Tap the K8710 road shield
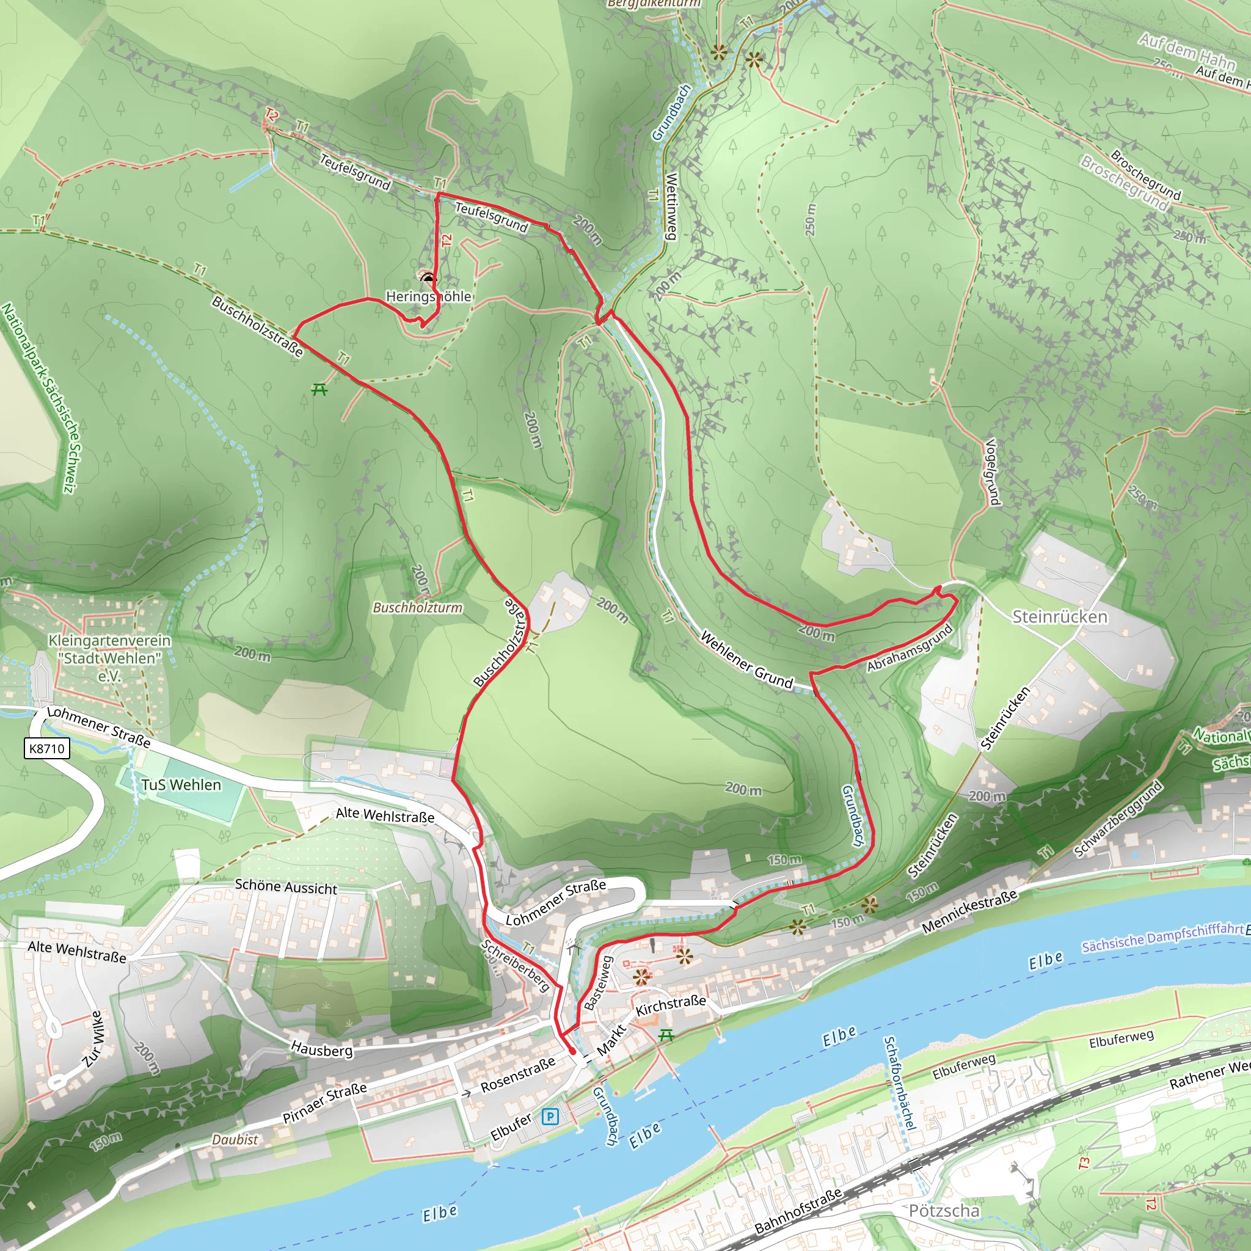[x=47, y=748]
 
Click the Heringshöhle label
[x=428, y=296]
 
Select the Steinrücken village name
[x=1059, y=616]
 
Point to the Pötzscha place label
[x=944, y=1210]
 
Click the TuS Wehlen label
[x=181, y=785]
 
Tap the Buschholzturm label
[x=418, y=607]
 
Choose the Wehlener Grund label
[x=746, y=660]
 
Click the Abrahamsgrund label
[x=910, y=647]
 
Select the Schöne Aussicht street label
[x=285, y=886]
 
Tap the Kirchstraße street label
[x=671, y=1005]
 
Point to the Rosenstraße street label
[x=518, y=1076]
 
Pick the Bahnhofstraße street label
[x=798, y=1211]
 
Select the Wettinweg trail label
[x=671, y=206]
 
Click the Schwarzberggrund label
[x=1118, y=819]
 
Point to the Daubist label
[x=235, y=1139]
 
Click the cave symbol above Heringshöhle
[x=428, y=279]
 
